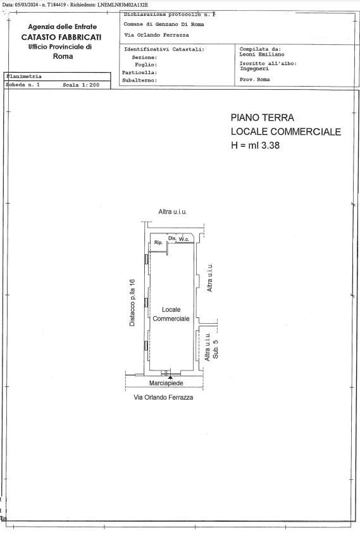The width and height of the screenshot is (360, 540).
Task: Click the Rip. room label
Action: click(158, 242)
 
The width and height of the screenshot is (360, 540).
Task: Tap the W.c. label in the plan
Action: click(183, 239)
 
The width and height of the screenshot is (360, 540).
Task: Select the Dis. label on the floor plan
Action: click(172, 238)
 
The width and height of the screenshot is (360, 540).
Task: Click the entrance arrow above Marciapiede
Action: click(170, 377)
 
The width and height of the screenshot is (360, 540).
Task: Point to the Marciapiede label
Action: click(166, 383)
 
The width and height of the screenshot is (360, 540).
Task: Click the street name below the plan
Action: click(163, 397)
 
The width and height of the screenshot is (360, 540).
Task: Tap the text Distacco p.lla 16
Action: click(132, 303)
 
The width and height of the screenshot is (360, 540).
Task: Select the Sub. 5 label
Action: click(215, 349)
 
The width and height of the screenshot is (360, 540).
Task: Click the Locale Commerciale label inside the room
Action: click(171, 314)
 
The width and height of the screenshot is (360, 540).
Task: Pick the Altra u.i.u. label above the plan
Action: click(173, 212)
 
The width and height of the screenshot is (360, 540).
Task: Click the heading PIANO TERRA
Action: click(263, 118)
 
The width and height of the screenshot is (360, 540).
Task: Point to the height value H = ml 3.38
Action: click(255, 145)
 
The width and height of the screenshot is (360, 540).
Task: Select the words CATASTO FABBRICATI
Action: click(61, 37)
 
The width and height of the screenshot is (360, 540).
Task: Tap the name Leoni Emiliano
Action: click(262, 54)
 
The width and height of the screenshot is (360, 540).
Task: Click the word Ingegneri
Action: click(254, 68)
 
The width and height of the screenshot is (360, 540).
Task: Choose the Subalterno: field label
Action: click(140, 80)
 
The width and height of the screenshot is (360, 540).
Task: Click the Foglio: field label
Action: click(146, 64)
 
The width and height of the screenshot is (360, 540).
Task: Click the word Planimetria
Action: click(24, 77)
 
